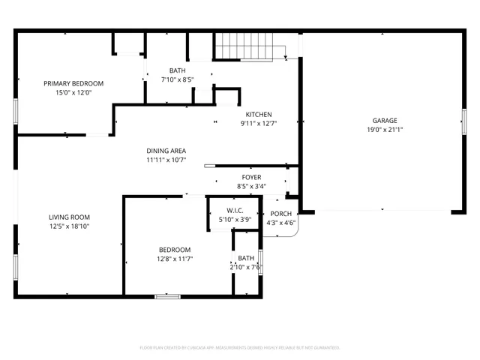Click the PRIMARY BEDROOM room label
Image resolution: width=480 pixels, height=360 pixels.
[x=73, y=83]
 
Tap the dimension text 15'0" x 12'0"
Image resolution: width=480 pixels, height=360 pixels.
[x=73, y=93]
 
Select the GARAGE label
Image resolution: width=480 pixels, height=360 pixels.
[x=385, y=120]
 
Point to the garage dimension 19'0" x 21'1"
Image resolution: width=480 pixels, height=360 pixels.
[x=385, y=130]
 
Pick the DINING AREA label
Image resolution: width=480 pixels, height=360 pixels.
[x=166, y=150]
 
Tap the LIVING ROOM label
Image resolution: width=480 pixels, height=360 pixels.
[x=69, y=217]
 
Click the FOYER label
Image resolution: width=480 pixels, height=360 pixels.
[x=251, y=177]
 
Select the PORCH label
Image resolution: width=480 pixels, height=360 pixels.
[x=282, y=214]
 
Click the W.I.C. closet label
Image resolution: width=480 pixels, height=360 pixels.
[x=234, y=210]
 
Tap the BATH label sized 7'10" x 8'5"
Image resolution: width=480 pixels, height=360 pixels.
[x=177, y=70]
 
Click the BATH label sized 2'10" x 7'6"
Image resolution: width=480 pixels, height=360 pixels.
[x=246, y=258]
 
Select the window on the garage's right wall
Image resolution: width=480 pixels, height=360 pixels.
[x=463, y=122]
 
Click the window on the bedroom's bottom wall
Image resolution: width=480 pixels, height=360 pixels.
[x=167, y=296]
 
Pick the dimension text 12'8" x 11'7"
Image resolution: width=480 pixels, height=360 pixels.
[x=175, y=259]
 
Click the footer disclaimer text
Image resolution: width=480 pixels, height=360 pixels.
[x=240, y=348]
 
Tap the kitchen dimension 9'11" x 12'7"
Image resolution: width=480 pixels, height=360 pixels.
[x=259, y=124]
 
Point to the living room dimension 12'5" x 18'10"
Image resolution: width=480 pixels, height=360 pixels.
[x=69, y=226]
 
